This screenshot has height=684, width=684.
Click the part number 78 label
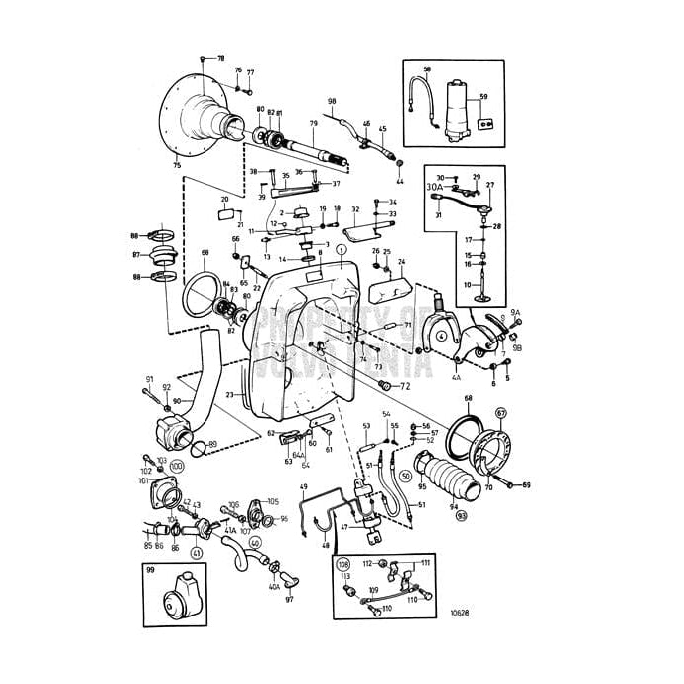(220, 59)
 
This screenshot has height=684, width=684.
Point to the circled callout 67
(500, 412)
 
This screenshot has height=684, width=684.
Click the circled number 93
(461, 516)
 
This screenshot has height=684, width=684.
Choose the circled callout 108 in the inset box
(343, 563)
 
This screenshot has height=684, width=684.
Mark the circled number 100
(177, 465)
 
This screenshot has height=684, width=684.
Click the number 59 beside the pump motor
(483, 97)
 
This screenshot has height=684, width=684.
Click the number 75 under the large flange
(177, 165)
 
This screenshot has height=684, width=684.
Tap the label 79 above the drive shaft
(313, 124)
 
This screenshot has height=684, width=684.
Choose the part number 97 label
(289, 599)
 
